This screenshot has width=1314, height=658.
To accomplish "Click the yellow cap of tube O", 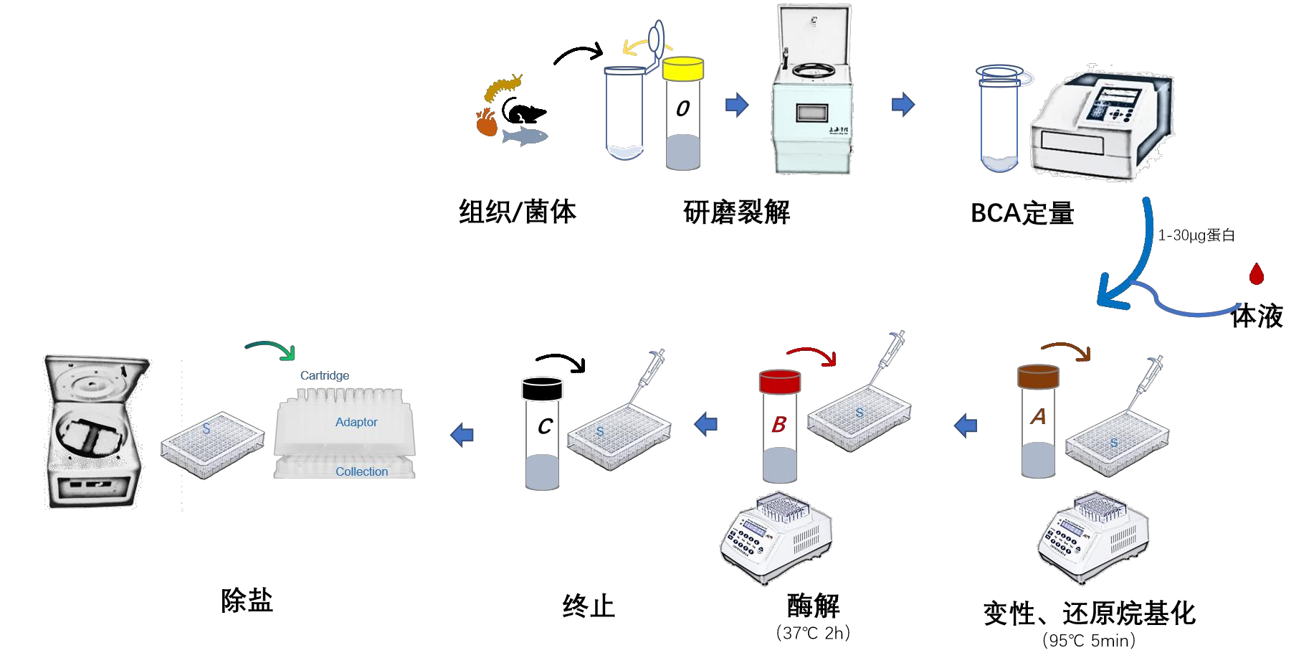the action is [682, 69].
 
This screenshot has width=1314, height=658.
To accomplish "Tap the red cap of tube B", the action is [780, 382].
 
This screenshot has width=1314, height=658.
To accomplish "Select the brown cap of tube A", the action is [1038, 377].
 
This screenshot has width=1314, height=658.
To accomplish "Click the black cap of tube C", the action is [542, 388].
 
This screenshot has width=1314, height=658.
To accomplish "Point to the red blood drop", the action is [1256, 273].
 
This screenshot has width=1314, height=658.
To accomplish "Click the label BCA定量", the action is [1022, 213].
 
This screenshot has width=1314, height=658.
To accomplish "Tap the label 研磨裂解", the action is [736, 212].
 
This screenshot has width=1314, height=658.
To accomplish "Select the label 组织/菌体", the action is [518, 212].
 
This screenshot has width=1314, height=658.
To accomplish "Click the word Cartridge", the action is [325, 375].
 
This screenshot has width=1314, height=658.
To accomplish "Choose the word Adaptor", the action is [356, 422].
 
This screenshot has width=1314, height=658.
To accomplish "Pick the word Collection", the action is [361, 471].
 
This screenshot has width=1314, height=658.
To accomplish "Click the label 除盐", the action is [247, 601].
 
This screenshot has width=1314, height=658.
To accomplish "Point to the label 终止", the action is [589, 606].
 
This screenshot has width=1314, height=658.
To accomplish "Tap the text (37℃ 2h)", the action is [813, 633].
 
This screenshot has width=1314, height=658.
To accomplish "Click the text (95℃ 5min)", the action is [1089, 640].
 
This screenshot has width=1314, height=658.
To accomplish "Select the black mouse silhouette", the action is [524, 112].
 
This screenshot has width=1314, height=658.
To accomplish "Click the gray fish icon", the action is [525, 136].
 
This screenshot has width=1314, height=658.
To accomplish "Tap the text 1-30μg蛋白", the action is [1196, 235].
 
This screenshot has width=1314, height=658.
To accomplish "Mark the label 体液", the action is [1257, 316].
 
